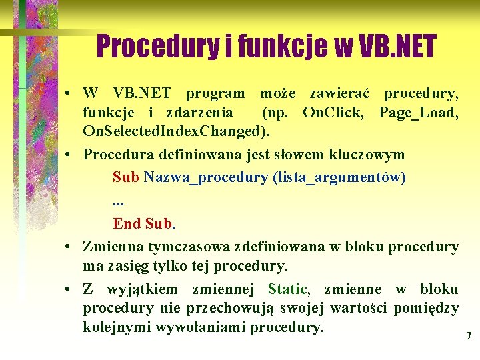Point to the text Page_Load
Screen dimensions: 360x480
[417, 111]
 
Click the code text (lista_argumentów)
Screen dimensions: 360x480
[339, 178]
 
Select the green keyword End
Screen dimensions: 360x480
[126, 223]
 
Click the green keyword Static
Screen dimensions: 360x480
[287, 289]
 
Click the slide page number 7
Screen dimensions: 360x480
[469, 335]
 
